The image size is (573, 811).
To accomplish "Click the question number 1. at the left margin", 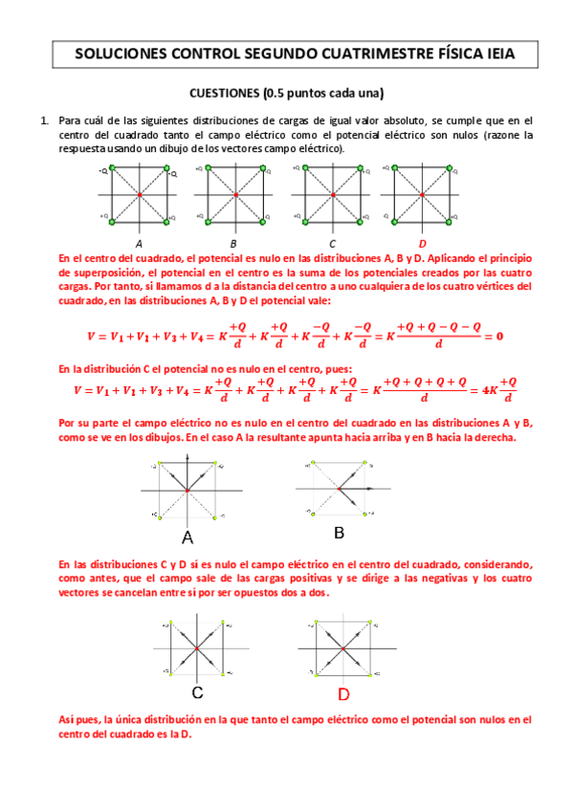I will [44, 121].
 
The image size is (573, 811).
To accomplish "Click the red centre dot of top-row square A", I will [140, 195].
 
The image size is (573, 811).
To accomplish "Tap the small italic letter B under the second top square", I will [233, 243].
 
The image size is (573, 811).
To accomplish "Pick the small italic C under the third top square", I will [332, 243].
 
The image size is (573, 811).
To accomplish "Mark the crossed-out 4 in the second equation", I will [485, 390].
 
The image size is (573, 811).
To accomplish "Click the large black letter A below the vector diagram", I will [187, 537].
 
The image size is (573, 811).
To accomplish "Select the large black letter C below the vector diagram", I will [196, 692].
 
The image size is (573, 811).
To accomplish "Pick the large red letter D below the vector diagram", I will [342, 693].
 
